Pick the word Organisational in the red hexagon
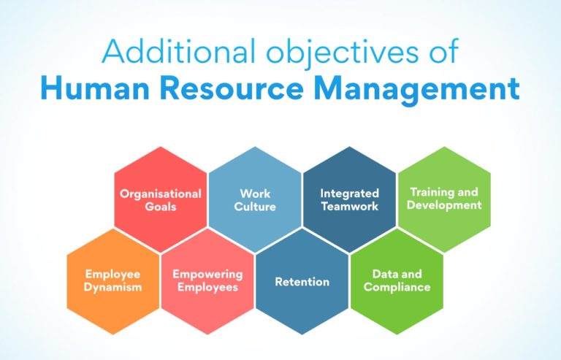pyautogui.click(x=161, y=194)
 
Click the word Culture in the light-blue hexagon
pyautogui.click(x=255, y=207)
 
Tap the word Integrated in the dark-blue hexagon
pyautogui.click(x=350, y=194)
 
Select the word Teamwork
pyautogui.click(x=350, y=207)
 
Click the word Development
pyautogui.click(x=444, y=205)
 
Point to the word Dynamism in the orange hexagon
pyautogui.click(x=112, y=287)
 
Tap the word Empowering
pyautogui.click(x=207, y=274)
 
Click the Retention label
pyautogui.click(x=302, y=281)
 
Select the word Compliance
pyautogui.click(x=397, y=287)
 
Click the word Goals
pyautogui.click(x=161, y=207)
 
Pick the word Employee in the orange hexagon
pyautogui.click(x=112, y=274)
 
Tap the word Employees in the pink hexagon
pyautogui.click(x=207, y=287)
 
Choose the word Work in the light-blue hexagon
pyautogui.click(x=255, y=194)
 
